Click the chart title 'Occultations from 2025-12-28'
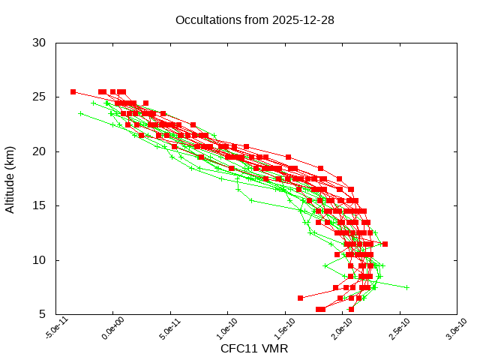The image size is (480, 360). coord(254,19)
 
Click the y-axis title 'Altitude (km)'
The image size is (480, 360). coord(10,178)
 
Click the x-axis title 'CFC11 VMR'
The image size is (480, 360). coord(254,349)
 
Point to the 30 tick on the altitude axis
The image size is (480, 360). coord(40,43)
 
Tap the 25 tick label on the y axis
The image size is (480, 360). coord(40,97)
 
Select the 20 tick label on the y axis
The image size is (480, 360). coord(40,151)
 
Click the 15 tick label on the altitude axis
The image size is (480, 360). coord(40,205)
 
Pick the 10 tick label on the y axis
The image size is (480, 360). coord(40,260)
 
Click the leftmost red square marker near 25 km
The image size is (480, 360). coord(73,91)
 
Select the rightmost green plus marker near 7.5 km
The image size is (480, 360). coord(406,287)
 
